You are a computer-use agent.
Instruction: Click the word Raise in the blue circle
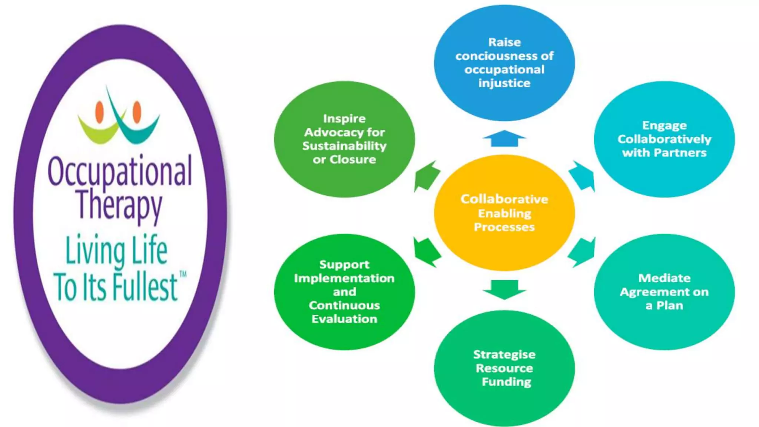504,42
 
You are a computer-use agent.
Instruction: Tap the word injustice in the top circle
504,83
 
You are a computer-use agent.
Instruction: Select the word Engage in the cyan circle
664,126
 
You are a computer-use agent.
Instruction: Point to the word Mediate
664,278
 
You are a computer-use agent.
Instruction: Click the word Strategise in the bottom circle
504,355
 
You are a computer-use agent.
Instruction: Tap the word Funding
506,382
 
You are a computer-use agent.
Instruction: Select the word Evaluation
344,319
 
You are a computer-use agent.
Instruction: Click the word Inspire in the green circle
344,119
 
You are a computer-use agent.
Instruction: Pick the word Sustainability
344,146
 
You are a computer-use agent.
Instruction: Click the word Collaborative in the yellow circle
504,199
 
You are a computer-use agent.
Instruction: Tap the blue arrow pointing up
504,139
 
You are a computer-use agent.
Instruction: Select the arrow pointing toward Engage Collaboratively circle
583,176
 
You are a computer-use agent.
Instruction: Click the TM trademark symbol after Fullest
183,274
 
